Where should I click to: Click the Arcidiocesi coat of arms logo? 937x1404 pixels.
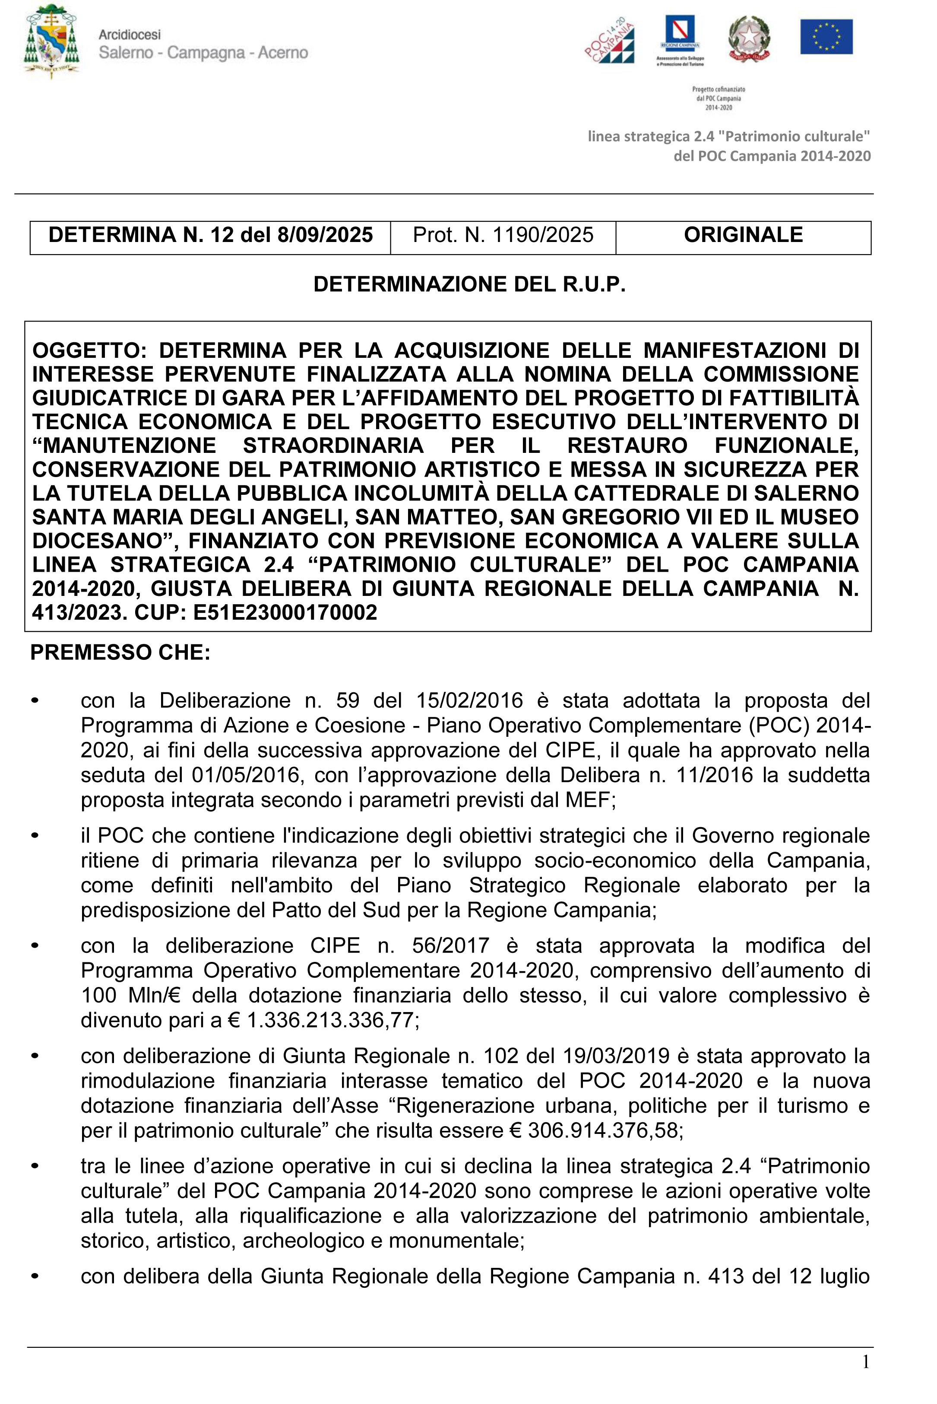51,41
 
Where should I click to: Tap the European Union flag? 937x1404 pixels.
826,36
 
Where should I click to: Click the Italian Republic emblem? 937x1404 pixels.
749,39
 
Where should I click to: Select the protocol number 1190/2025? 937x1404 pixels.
543,235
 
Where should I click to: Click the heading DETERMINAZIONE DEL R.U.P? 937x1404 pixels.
469,284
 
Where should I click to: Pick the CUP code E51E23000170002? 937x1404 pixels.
285,612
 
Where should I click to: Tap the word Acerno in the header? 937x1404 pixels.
283,53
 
